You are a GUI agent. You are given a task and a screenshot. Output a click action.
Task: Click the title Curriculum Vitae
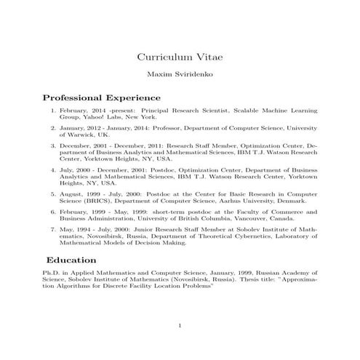[x=180, y=57]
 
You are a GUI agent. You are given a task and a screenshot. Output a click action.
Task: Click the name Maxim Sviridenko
[x=180, y=74]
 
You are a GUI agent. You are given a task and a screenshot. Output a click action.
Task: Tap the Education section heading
[x=71, y=260]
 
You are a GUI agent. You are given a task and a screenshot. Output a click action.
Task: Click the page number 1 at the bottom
[x=180, y=325]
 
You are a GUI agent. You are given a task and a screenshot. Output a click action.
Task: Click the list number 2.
[x=52, y=127]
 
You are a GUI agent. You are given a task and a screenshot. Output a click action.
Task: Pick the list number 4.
[x=52, y=170]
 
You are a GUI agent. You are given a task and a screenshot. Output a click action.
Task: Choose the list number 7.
[x=52, y=228]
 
